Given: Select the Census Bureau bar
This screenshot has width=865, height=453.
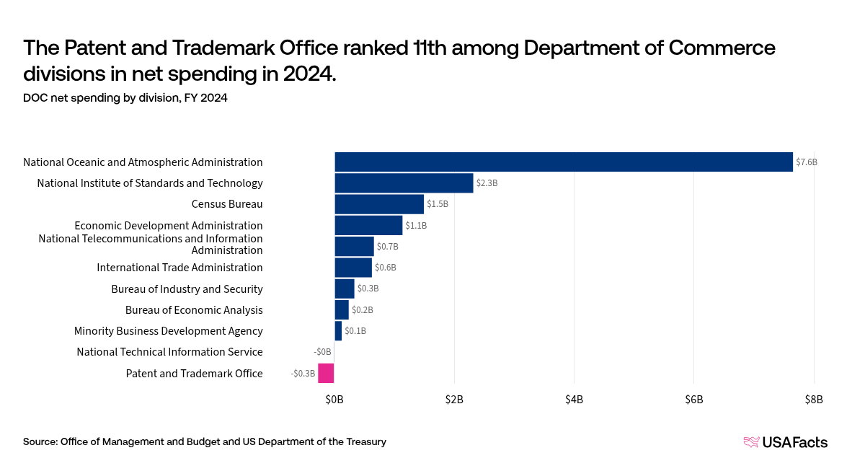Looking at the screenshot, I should [x=379, y=204].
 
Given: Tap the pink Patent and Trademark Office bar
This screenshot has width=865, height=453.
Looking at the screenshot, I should [x=327, y=373].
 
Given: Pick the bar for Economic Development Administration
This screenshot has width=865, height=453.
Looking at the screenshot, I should [x=368, y=225].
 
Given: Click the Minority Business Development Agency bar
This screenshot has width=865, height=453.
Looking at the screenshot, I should [x=338, y=331].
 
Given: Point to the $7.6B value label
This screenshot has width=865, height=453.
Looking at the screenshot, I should [x=807, y=162].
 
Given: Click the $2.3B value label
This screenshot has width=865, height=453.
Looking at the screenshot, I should [x=487, y=183].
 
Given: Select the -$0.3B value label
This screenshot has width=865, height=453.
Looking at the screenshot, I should [x=303, y=374].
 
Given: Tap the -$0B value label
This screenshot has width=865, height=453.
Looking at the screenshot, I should [x=322, y=352].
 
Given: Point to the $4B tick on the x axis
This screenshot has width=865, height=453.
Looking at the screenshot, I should [x=574, y=399].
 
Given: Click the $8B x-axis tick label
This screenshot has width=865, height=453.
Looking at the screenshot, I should [x=813, y=399].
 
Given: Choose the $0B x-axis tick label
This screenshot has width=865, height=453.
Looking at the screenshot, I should [x=334, y=399].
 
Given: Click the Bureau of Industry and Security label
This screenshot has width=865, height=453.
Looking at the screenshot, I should [x=187, y=289].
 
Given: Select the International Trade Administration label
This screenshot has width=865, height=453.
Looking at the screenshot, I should [x=179, y=268].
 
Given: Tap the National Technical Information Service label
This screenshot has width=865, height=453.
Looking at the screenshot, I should [x=169, y=352].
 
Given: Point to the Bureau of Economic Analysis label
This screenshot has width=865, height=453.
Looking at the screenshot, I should [x=194, y=310].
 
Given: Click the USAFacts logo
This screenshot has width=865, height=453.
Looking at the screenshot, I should [x=786, y=442].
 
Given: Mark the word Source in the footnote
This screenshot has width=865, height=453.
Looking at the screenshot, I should [x=40, y=441].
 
